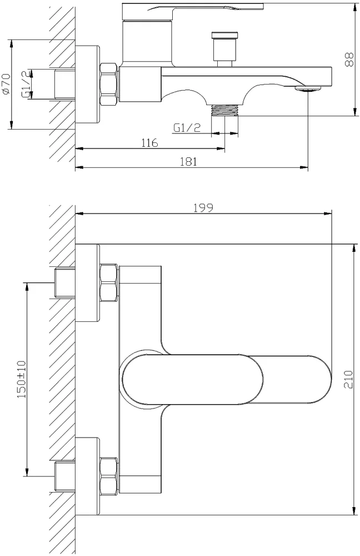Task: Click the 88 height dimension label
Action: point(349,59)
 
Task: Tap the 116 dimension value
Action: point(149,143)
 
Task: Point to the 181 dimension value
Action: point(188,161)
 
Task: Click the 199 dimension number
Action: point(203,208)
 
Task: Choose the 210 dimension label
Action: point(349,379)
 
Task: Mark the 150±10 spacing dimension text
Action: point(22,379)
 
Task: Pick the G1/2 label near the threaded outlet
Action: point(187,127)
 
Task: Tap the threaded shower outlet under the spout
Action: point(224,110)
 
